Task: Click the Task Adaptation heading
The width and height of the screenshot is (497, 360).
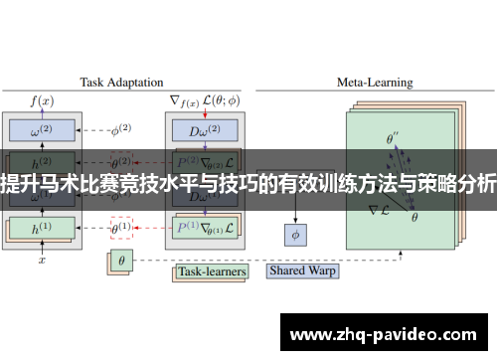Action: click(x=121, y=83)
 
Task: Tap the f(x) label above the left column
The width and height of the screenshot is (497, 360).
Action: click(x=42, y=101)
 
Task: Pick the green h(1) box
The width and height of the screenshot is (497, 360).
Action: click(x=42, y=228)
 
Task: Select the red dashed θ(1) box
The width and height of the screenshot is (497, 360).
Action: click(x=120, y=228)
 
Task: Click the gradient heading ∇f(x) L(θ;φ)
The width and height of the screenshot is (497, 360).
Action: click(x=203, y=101)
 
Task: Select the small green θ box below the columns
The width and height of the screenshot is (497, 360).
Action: click(x=120, y=263)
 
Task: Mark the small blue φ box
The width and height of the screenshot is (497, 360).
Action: click(x=295, y=235)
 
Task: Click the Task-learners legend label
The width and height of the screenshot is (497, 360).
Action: click(x=211, y=270)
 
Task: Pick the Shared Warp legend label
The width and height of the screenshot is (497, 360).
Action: click(x=303, y=270)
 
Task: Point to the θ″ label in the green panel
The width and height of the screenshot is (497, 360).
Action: click(x=394, y=139)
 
